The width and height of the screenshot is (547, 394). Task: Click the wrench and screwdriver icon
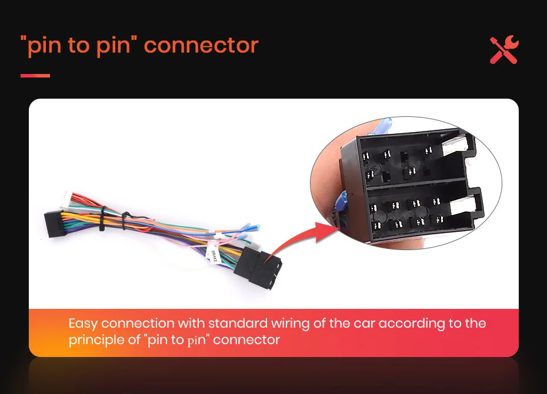[x=504, y=50]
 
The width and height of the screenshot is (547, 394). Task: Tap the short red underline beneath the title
[x=35, y=76]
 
